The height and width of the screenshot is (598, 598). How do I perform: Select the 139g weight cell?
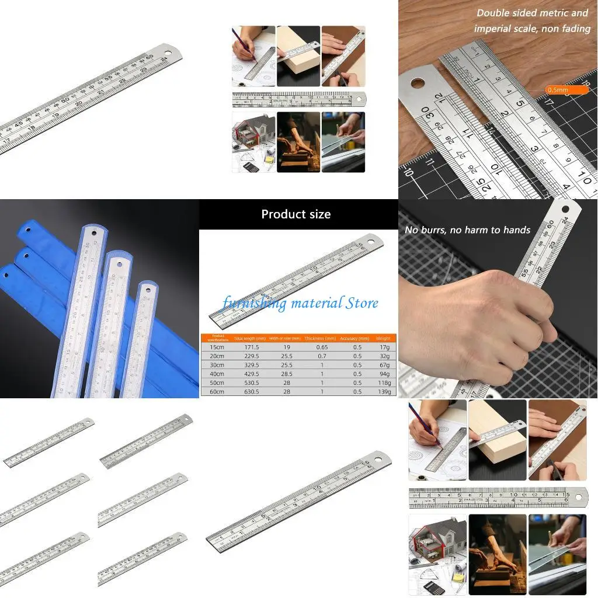(384, 391)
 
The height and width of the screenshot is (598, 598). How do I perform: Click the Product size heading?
(296, 214)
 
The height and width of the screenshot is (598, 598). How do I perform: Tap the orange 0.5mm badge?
(558, 90)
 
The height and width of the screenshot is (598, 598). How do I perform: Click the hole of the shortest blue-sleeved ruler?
(148, 288)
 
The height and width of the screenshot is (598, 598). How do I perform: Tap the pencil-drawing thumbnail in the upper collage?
(253, 56)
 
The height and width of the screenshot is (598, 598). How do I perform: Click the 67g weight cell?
(384, 365)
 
